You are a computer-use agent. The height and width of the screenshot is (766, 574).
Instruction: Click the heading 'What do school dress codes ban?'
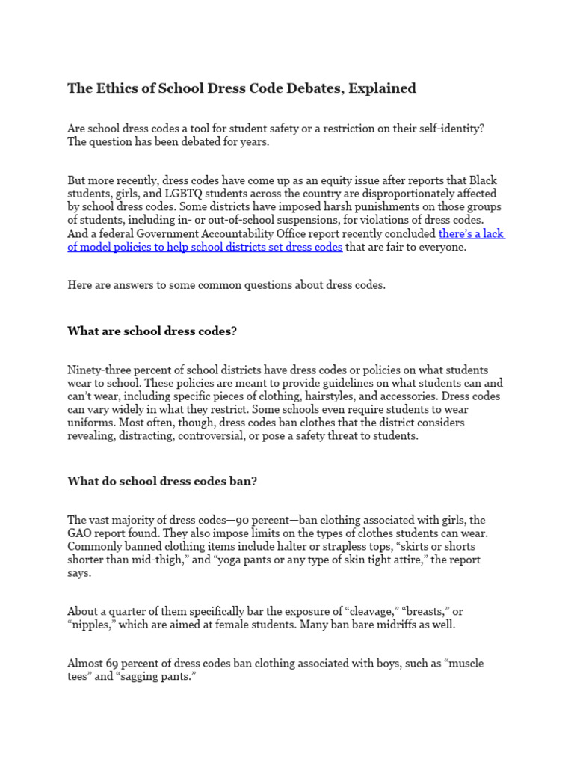[x=162, y=481]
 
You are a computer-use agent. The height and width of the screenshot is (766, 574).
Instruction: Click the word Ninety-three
[x=101, y=370]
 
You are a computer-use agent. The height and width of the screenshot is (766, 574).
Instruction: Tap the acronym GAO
[x=81, y=533]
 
